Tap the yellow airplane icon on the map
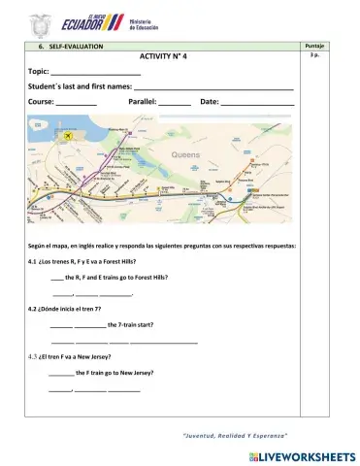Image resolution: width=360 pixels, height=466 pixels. pos(67,137)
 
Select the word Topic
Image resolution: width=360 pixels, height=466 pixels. pos(39,72)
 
